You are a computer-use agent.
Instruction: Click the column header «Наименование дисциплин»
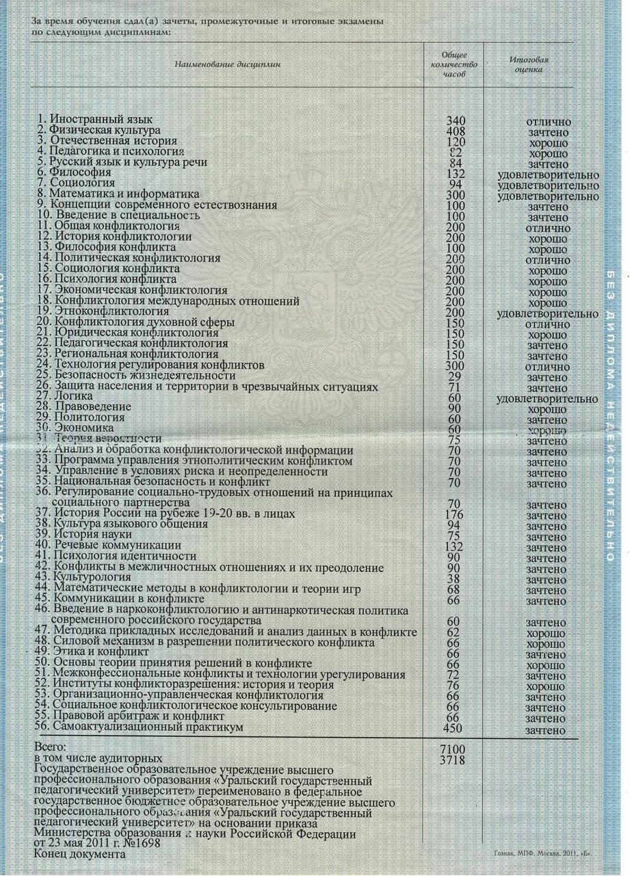click(x=228, y=64)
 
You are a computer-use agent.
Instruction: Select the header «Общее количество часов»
click(x=455, y=64)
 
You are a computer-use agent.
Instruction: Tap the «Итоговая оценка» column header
click(x=529, y=64)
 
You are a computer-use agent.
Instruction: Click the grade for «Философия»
click(x=549, y=175)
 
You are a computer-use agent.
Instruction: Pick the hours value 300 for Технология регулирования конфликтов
click(x=455, y=366)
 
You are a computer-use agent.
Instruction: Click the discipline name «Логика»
click(x=71, y=397)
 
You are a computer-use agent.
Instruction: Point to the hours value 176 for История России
click(x=455, y=515)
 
